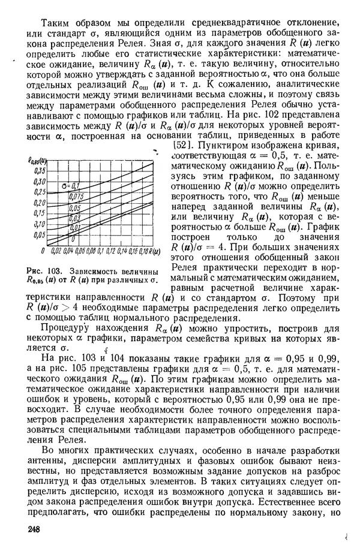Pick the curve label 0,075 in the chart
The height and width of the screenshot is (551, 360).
click(x=76, y=196)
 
